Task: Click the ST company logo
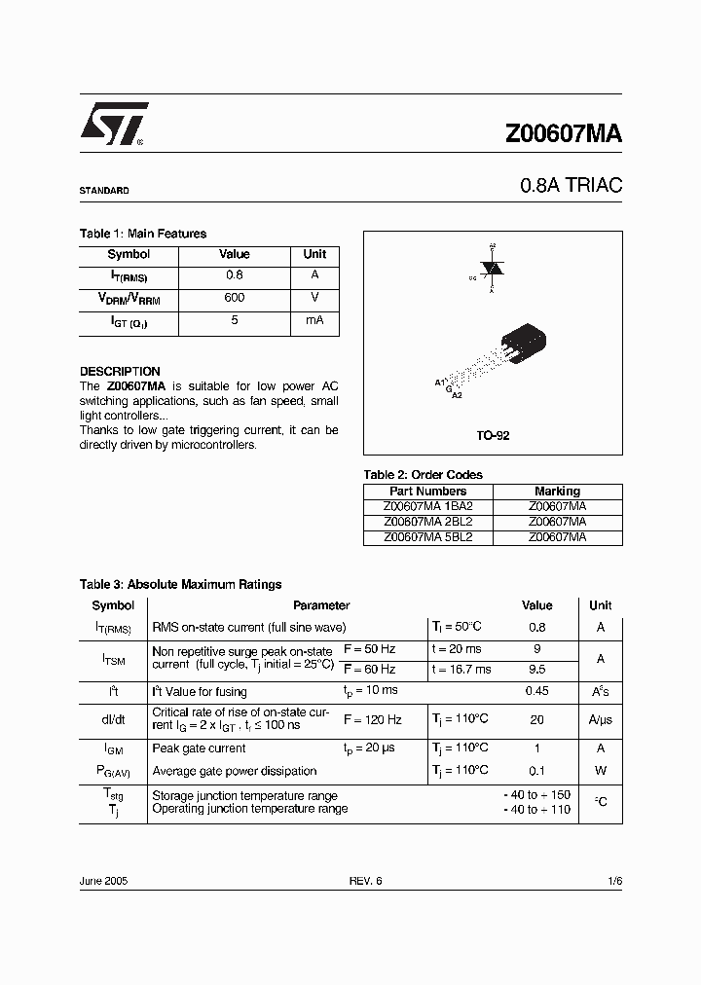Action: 113,125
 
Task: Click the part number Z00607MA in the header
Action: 563,135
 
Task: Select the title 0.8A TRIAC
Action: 571,185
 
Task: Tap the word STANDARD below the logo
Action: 104,191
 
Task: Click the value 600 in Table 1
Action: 234,298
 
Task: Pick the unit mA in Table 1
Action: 314,320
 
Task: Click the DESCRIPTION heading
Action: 120,372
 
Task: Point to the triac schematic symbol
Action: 493,269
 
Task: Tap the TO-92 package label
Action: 493,436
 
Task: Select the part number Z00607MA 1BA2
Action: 428,506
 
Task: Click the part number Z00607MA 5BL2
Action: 428,536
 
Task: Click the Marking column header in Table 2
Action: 557,492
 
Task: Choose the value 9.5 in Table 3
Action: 536,670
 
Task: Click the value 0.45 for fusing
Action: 536,691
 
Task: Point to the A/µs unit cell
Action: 601,720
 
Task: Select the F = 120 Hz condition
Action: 373,720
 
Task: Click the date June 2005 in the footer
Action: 103,881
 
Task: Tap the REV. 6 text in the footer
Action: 366,881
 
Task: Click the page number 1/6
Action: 613,881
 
